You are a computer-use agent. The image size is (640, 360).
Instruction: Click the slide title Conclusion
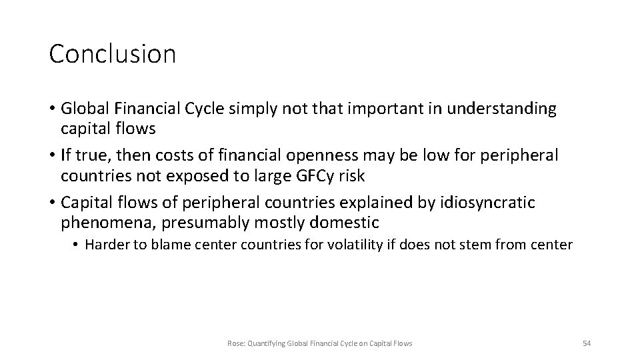[112, 54]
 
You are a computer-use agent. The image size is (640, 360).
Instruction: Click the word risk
[349, 177]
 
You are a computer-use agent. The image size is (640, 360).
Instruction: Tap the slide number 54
[587, 343]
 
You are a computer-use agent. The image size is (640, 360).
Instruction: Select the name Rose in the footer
[235, 343]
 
